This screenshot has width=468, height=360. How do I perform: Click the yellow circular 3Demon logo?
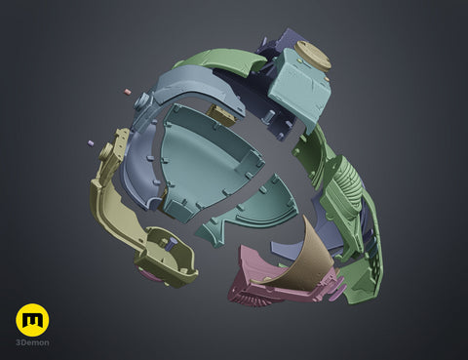coord(32,320)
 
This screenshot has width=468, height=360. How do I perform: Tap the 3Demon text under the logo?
coord(32,342)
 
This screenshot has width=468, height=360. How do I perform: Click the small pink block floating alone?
coord(128,92)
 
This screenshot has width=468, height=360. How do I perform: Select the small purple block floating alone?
coord(91,143)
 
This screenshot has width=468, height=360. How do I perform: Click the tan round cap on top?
coord(313,56)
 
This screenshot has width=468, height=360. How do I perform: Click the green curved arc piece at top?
coord(221,60)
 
